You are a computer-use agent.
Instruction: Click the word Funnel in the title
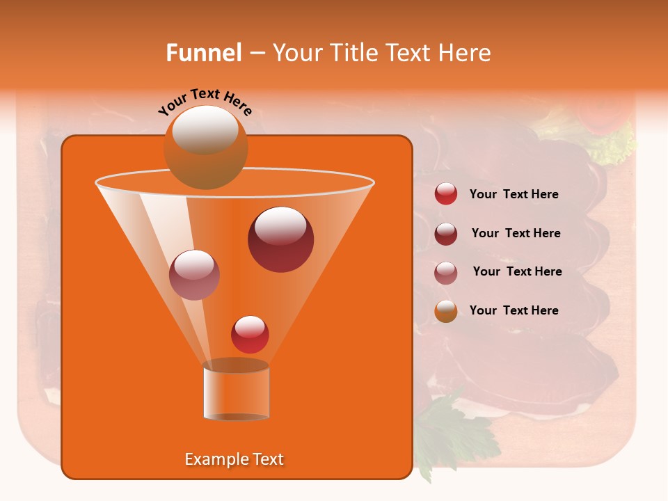pos(204,53)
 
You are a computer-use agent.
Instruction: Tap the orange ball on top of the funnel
pos(205,147)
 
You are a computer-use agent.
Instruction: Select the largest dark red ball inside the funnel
pos(280,239)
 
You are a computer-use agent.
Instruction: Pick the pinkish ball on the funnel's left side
pos(194,275)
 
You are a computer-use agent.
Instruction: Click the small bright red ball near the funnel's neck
pos(250,334)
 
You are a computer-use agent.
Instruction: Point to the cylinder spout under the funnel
pos(236,391)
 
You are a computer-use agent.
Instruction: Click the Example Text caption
pos(234,459)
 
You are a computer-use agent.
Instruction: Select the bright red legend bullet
pos(446,194)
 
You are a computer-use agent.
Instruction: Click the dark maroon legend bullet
pos(446,234)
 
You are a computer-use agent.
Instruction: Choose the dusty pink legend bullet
pos(446,273)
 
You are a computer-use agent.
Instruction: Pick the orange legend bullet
pos(446,311)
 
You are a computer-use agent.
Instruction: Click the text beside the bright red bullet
pos(514,195)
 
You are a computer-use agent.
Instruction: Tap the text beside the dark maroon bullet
pos(516,234)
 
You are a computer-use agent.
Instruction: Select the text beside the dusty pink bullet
pos(517,272)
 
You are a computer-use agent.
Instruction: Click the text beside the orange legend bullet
pos(514,310)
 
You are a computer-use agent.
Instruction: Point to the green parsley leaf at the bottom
pos(452,431)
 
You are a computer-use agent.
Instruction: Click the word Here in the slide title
pos(465,53)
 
